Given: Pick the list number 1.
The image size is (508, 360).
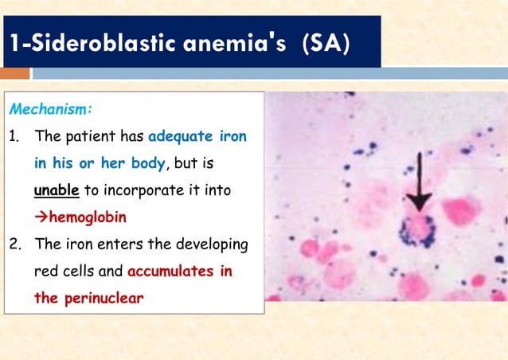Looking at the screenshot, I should click(14, 136).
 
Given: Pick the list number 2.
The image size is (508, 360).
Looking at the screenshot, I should click(14, 245).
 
